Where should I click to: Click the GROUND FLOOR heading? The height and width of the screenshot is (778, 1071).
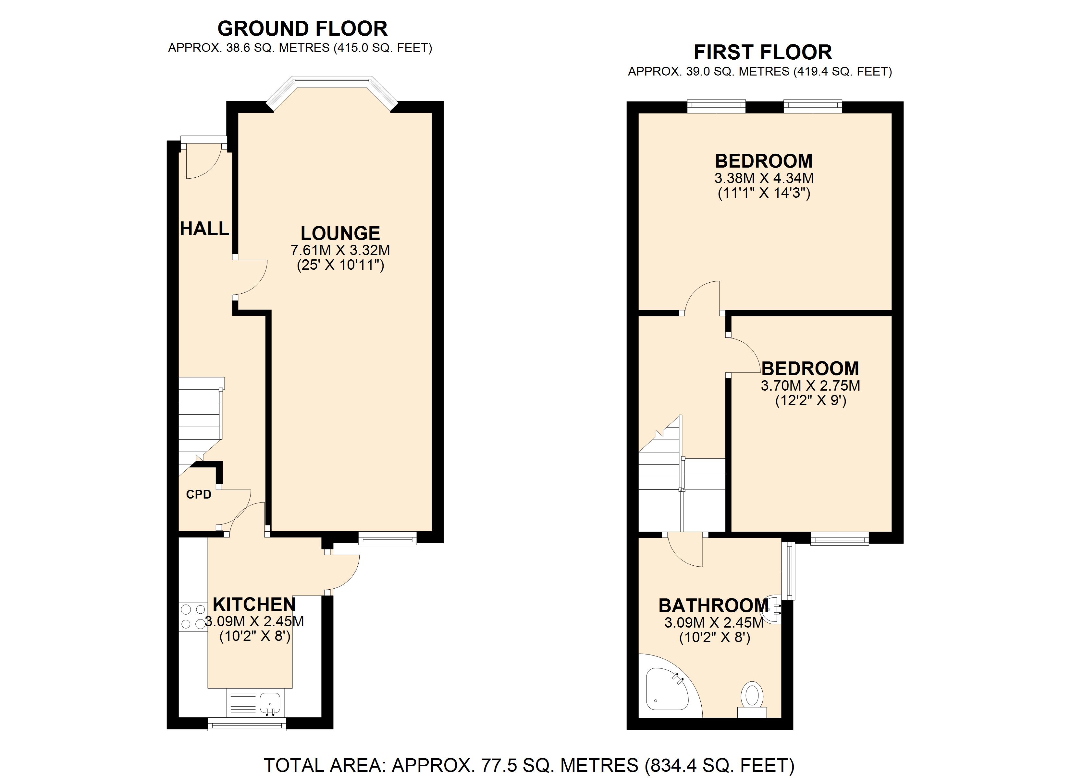point(302,29)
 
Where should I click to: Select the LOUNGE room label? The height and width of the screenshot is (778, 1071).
point(340,233)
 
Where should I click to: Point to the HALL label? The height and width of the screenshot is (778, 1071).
point(204,229)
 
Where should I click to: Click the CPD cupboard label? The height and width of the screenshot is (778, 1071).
point(198,494)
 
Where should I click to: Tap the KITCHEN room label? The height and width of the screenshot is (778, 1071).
point(254,604)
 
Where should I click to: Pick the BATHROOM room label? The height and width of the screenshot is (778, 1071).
point(714,605)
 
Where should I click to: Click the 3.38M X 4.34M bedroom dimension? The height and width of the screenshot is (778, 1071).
point(764,178)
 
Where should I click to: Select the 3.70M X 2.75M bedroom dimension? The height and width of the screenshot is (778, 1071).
point(810,385)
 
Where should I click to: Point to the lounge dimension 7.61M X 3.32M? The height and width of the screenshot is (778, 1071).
point(340,250)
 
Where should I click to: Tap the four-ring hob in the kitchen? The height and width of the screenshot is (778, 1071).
point(193,617)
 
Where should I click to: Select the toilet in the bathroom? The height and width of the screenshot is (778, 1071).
point(752,700)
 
